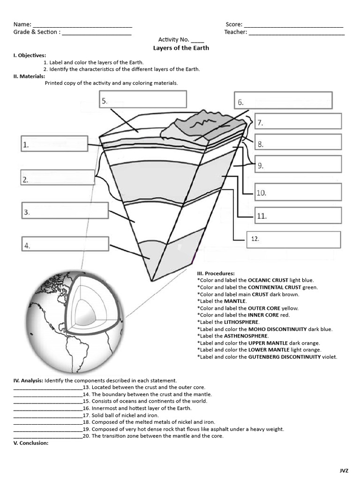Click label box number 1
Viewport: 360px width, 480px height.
coord(54,144)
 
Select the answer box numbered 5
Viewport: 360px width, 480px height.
coord(143,99)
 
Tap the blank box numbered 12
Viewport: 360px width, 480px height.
coord(293,239)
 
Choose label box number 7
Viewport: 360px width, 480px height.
coord(298,121)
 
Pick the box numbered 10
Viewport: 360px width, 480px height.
coord(298,192)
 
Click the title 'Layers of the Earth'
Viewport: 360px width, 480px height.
coord(181,48)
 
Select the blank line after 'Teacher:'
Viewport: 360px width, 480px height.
coord(296,33)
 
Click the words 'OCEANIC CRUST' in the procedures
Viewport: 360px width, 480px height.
coord(267,280)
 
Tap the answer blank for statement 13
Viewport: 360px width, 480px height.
coord(48,388)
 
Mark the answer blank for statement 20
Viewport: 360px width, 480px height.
coord(48,436)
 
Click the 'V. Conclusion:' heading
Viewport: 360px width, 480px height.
coord(31,443)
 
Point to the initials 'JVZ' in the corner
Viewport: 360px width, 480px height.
coord(345,470)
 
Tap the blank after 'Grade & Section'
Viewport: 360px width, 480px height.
coord(97,33)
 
